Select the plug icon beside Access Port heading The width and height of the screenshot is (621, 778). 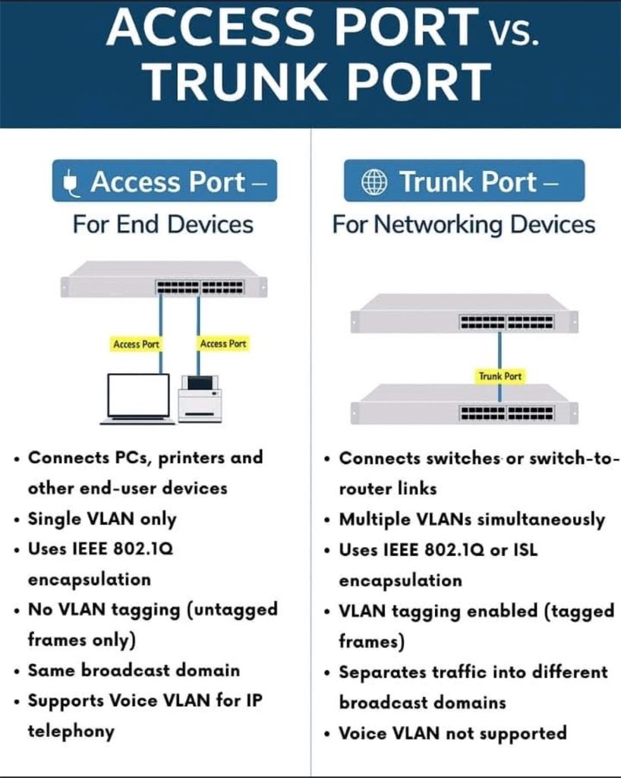pyautogui.click(x=72, y=182)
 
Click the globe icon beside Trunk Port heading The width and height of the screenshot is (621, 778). pyautogui.click(x=373, y=182)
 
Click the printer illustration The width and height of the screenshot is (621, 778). pyautogui.click(x=200, y=399)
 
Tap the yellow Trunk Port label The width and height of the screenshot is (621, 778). pyautogui.click(x=500, y=376)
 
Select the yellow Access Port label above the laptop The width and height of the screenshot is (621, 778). pyautogui.click(x=136, y=344)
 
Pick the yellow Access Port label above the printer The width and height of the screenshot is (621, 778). pyautogui.click(x=223, y=344)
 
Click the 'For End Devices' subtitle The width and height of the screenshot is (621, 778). pyautogui.click(x=162, y=225)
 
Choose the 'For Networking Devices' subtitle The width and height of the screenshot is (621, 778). pyautogui.click(x=463, y=225)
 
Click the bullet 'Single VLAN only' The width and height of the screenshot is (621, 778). pyautogui.click(x=102, y=519)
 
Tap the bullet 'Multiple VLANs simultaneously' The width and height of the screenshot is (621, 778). pyautogui.click(x=471, y=520)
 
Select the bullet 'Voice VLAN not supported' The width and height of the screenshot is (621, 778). pyautogui.click(x=452, y=733)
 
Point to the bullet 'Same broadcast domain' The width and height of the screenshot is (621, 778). pyautogui.click(x=134, y=670)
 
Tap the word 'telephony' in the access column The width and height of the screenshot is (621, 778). pyautogui.click(x=71, y=732)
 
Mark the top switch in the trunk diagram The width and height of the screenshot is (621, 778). pyautogui.click(x=464, y=313)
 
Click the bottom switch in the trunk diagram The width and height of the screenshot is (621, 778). pyautogui.click(x=464, y=404)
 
